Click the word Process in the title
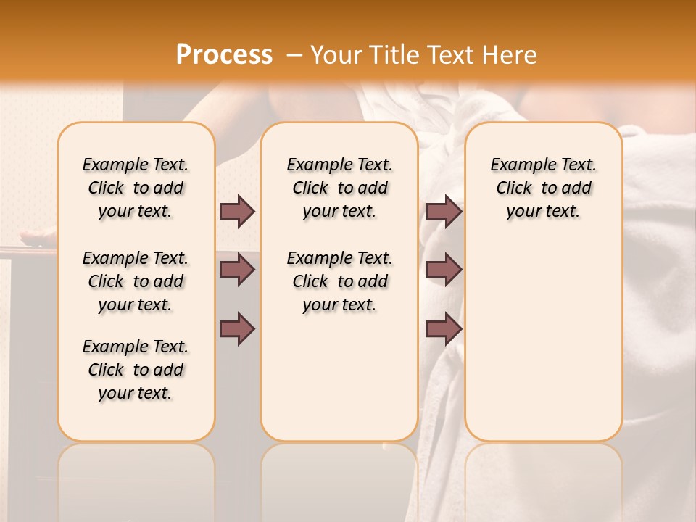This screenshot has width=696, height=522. (224, 54)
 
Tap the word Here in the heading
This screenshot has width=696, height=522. (510, 54)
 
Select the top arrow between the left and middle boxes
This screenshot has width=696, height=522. (237, 212)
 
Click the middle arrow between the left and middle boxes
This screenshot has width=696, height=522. (237, 270)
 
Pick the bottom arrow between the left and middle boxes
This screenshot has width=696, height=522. (237, 329)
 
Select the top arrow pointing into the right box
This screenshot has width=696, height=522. (444, 212)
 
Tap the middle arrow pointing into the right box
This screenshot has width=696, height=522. (444, 270)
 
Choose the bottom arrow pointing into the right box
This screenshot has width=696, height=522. (444, 329)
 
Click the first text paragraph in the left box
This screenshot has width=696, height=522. (136, 188)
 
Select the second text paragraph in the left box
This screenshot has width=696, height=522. (136, 281)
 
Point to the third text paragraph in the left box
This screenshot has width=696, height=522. (136, 370)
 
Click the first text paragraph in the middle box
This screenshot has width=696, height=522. (339, 188)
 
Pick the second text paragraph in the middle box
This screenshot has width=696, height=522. (339, 281)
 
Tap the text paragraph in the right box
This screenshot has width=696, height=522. (543, 188)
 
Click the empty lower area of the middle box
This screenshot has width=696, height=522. (339, 377)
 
